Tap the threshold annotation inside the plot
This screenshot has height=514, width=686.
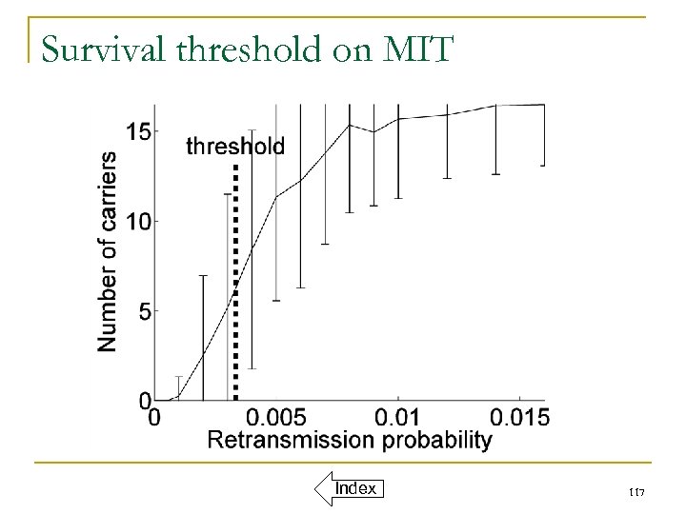(234, 146)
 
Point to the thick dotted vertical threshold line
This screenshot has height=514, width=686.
(235, 286)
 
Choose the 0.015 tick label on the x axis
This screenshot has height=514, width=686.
(518, 418)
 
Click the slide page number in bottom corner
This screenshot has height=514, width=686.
(639, 490)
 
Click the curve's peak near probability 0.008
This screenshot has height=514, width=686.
(350, 125)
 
